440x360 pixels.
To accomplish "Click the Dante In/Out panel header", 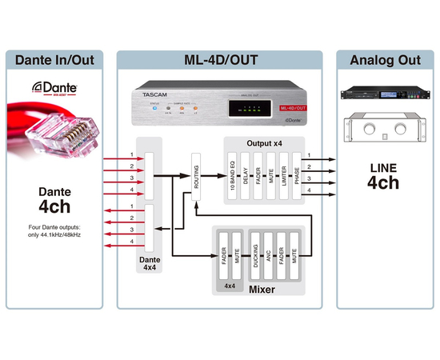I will [57, 59].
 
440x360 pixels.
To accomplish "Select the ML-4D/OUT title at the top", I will [219, 59].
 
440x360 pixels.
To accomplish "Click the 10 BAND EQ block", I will [232, 172].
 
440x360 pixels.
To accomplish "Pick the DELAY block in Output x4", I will [247, 172].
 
